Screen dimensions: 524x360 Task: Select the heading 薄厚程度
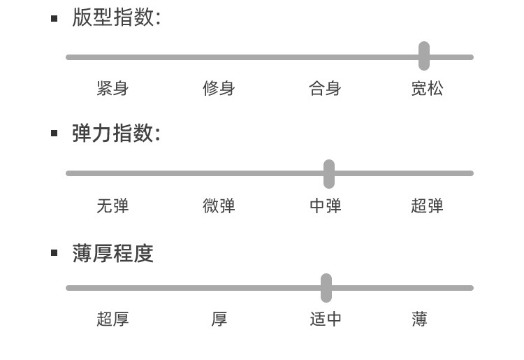(112, 253)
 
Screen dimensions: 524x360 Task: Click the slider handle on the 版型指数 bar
(424, 56)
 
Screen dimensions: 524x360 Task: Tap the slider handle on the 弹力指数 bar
(329, 173)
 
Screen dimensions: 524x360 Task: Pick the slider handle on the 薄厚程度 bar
(326, 287)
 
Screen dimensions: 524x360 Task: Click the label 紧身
(112, 89)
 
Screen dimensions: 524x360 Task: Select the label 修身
(219, 89)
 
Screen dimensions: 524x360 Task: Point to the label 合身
(325, 89)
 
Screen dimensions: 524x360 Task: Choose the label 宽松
(427, 89)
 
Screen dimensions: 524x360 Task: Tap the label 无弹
(112, 206)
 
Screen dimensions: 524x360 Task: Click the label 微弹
(219, 206)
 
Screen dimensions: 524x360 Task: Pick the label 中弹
(325, 206)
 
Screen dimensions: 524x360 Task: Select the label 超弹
(427, 206)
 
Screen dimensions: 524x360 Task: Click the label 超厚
(112, 319)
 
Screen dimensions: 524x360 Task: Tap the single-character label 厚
(219, 319)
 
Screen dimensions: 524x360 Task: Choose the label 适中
(326, 319)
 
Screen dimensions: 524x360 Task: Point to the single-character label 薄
(419, 319)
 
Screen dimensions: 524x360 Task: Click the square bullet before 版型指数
(54, 18)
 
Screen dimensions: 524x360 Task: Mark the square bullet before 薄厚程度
(54, 252)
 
